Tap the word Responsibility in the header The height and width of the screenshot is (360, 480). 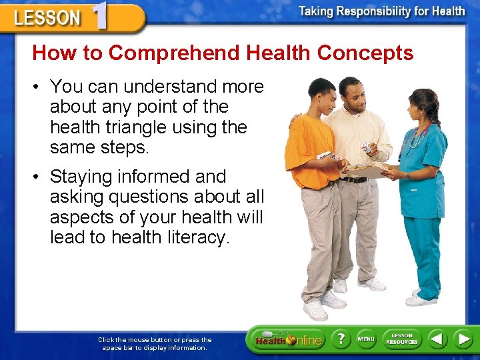point(383,11)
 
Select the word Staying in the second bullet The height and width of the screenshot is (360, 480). point(81,177)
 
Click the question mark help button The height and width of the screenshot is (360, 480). point(340,339)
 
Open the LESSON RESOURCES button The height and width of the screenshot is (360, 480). point(401,339)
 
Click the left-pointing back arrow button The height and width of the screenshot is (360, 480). point(437,339)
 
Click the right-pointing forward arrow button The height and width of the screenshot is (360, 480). point(463,339)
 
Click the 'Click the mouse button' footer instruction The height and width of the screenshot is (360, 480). point(155,343)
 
